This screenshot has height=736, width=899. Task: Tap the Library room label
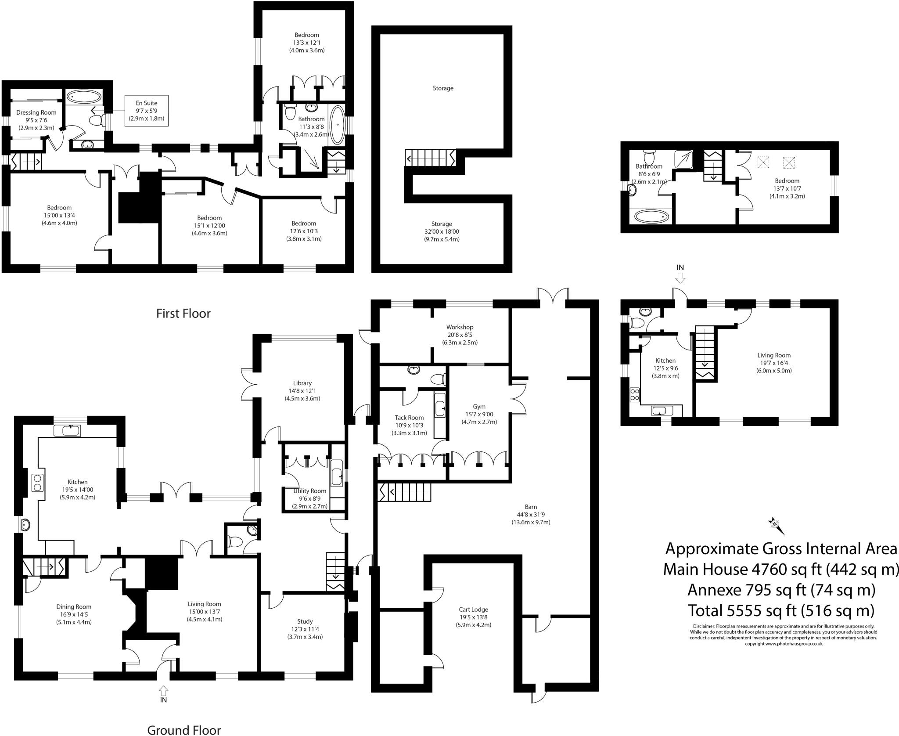coord(302,383)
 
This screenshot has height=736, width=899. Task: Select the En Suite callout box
coord(147,111)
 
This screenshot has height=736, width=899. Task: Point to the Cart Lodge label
coord(473,609)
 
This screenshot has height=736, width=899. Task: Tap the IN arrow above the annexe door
coord(680,277)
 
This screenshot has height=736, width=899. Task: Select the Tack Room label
coord(409,418)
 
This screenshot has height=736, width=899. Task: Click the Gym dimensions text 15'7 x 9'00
coord(479,414)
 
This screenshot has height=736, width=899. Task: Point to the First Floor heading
coord(183,314)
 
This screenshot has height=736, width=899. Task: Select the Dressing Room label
coord(36,112)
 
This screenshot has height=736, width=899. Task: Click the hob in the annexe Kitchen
coord(635,394)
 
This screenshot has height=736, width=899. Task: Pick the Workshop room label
coord(460,327)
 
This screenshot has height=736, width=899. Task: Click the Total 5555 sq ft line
coord(781,610)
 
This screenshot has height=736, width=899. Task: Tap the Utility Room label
coord(310,491)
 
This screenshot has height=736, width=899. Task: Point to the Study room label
coord(305,621)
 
